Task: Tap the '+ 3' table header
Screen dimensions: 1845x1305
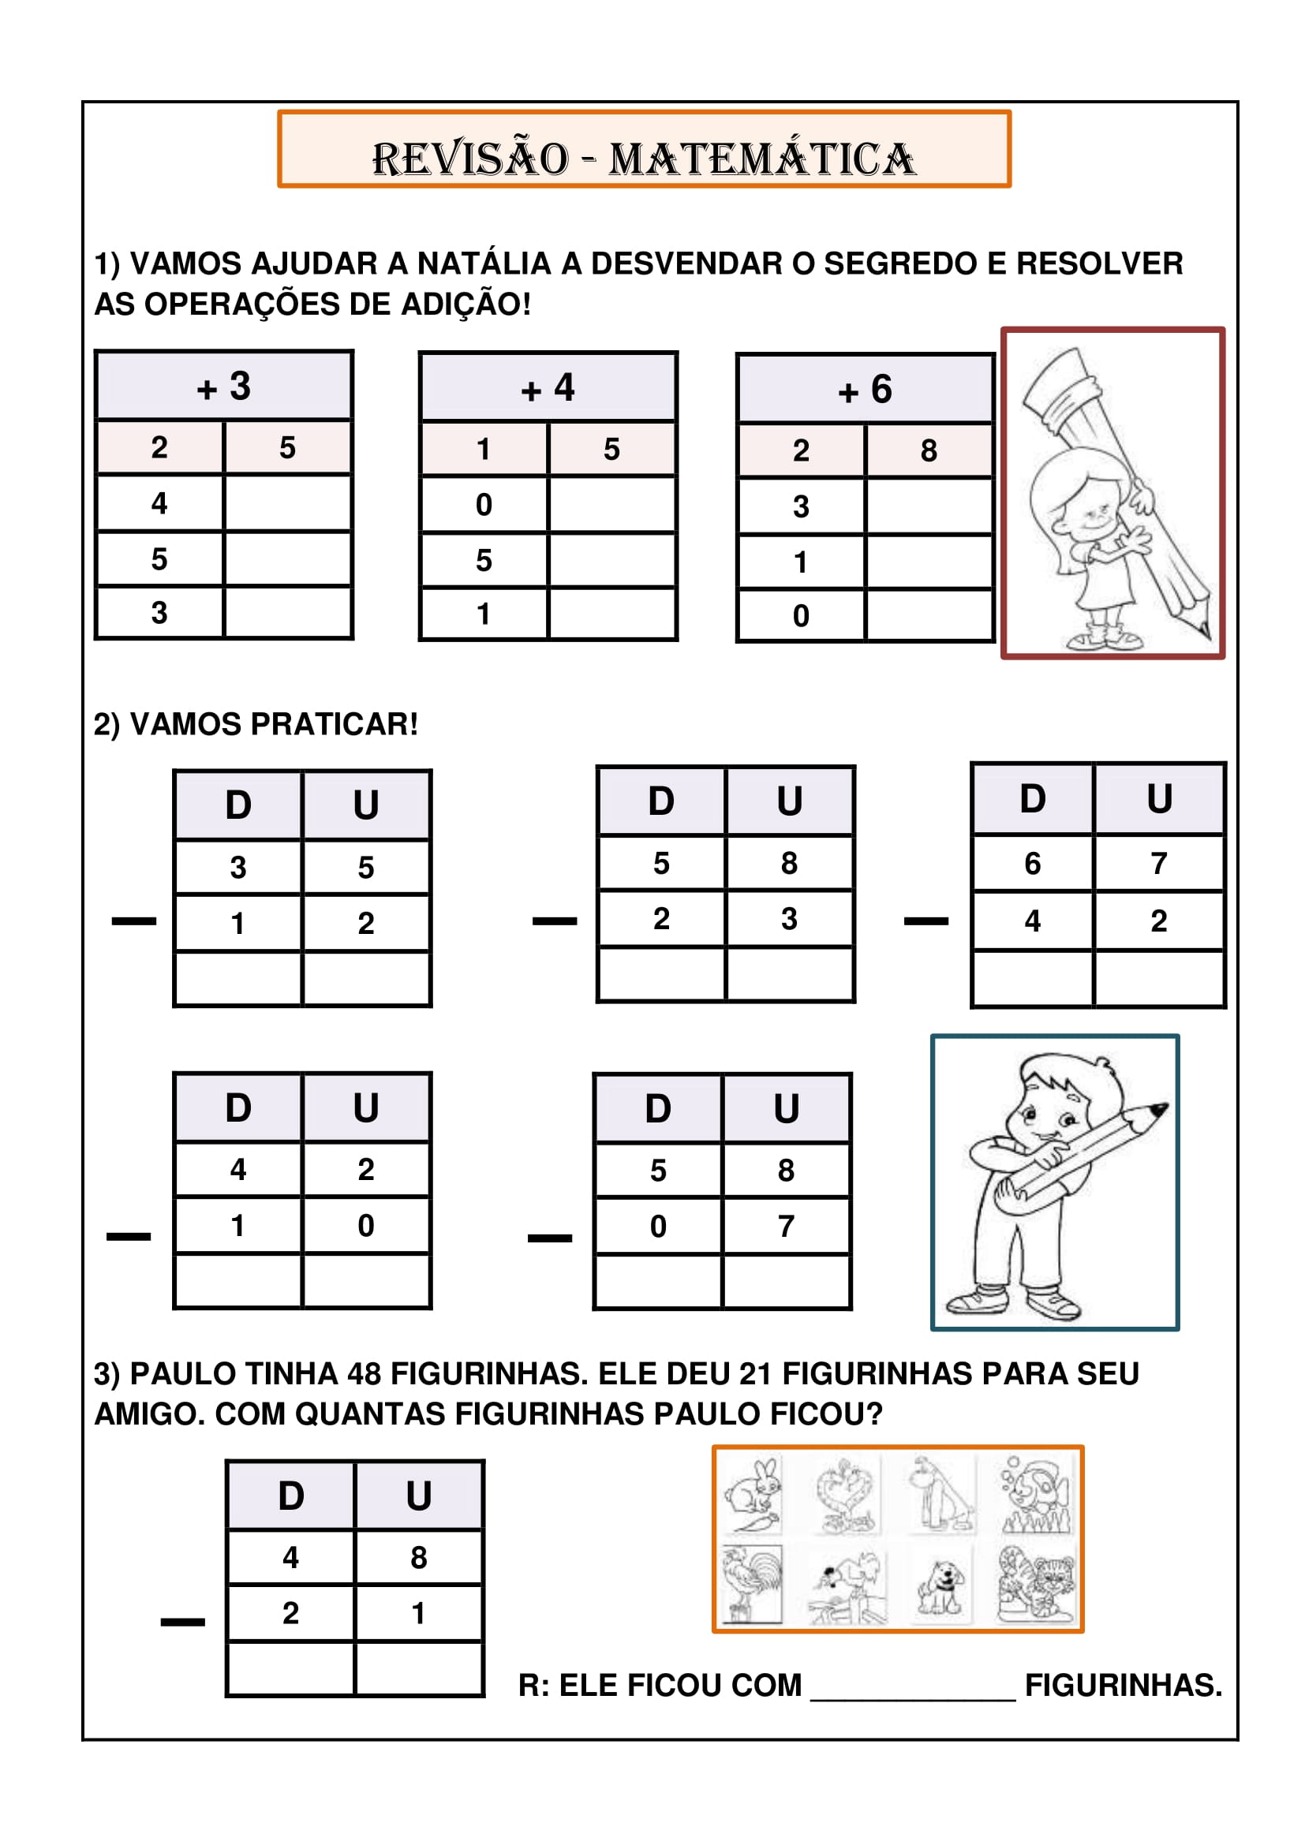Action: tap(224, 387)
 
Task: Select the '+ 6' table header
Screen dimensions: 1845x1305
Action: tap(865, 390)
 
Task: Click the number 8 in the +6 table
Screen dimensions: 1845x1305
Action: tap(929, 451)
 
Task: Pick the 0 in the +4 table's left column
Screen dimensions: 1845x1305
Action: tap(483, 505)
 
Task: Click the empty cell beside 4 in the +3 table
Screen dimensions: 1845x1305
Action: tap(288, 503)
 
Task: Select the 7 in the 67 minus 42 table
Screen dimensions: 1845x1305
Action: tap(1158, 864)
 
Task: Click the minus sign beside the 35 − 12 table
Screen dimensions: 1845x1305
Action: tap(133, 921)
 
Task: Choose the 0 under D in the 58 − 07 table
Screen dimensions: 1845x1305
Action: tap(657, 1227)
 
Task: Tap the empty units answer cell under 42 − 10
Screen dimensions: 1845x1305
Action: tap(366, 1281)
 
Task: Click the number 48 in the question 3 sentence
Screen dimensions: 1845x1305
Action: tap(364, 1374)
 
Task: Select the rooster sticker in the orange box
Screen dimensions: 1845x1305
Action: tap(751, 1584)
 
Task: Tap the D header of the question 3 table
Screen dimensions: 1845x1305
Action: tap(291, 1496)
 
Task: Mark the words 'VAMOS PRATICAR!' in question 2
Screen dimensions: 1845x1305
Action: tap(273, 724)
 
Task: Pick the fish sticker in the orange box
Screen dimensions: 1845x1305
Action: tap(1036, 1495)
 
